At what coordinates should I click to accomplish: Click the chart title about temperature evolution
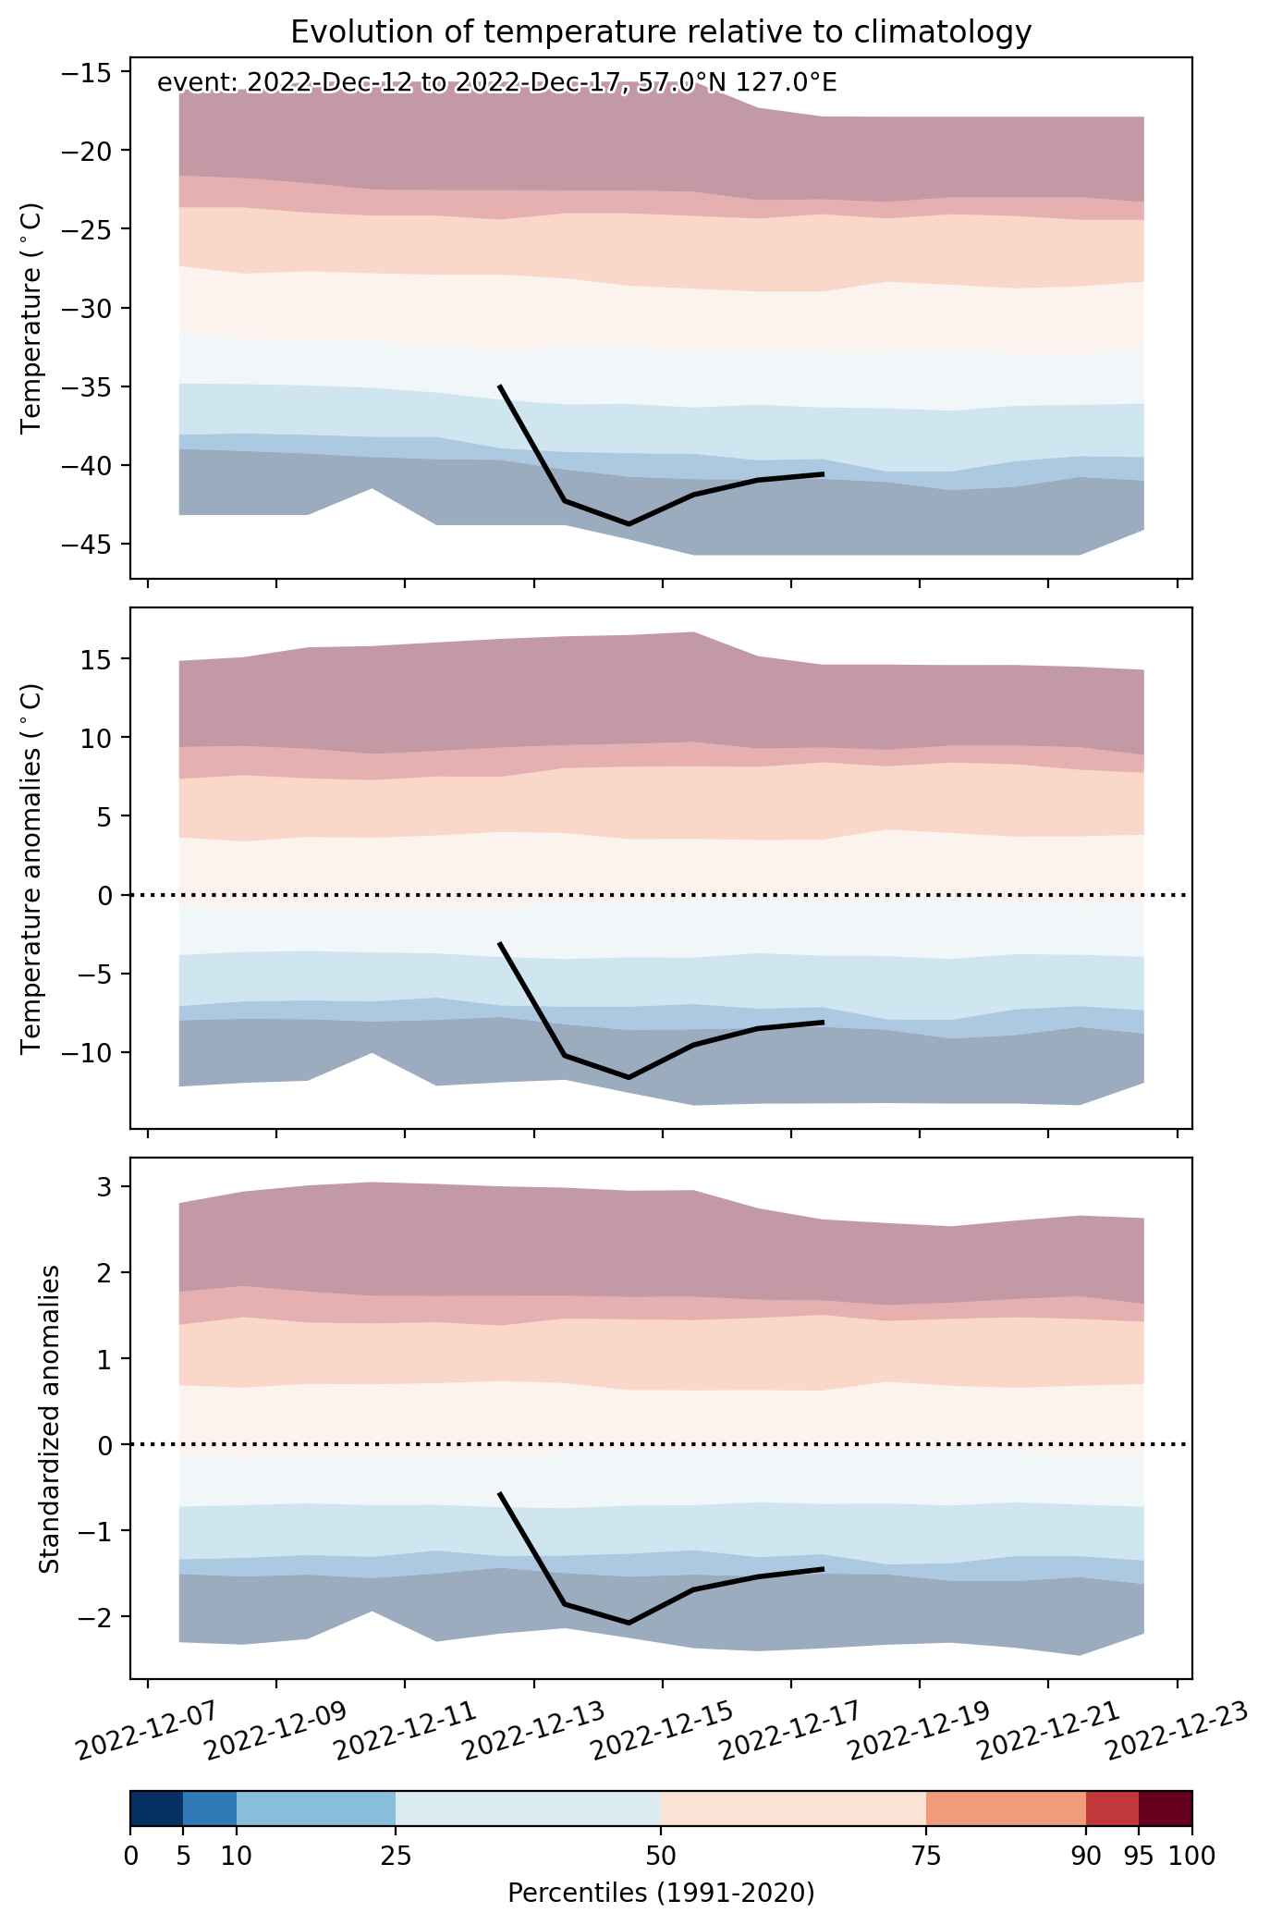[x=661, y=32]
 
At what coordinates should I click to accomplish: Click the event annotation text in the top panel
[x=497, y=83]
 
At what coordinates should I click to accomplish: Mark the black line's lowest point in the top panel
[x=629, y=524]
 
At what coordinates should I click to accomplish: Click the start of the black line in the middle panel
[x=500, y=943]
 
